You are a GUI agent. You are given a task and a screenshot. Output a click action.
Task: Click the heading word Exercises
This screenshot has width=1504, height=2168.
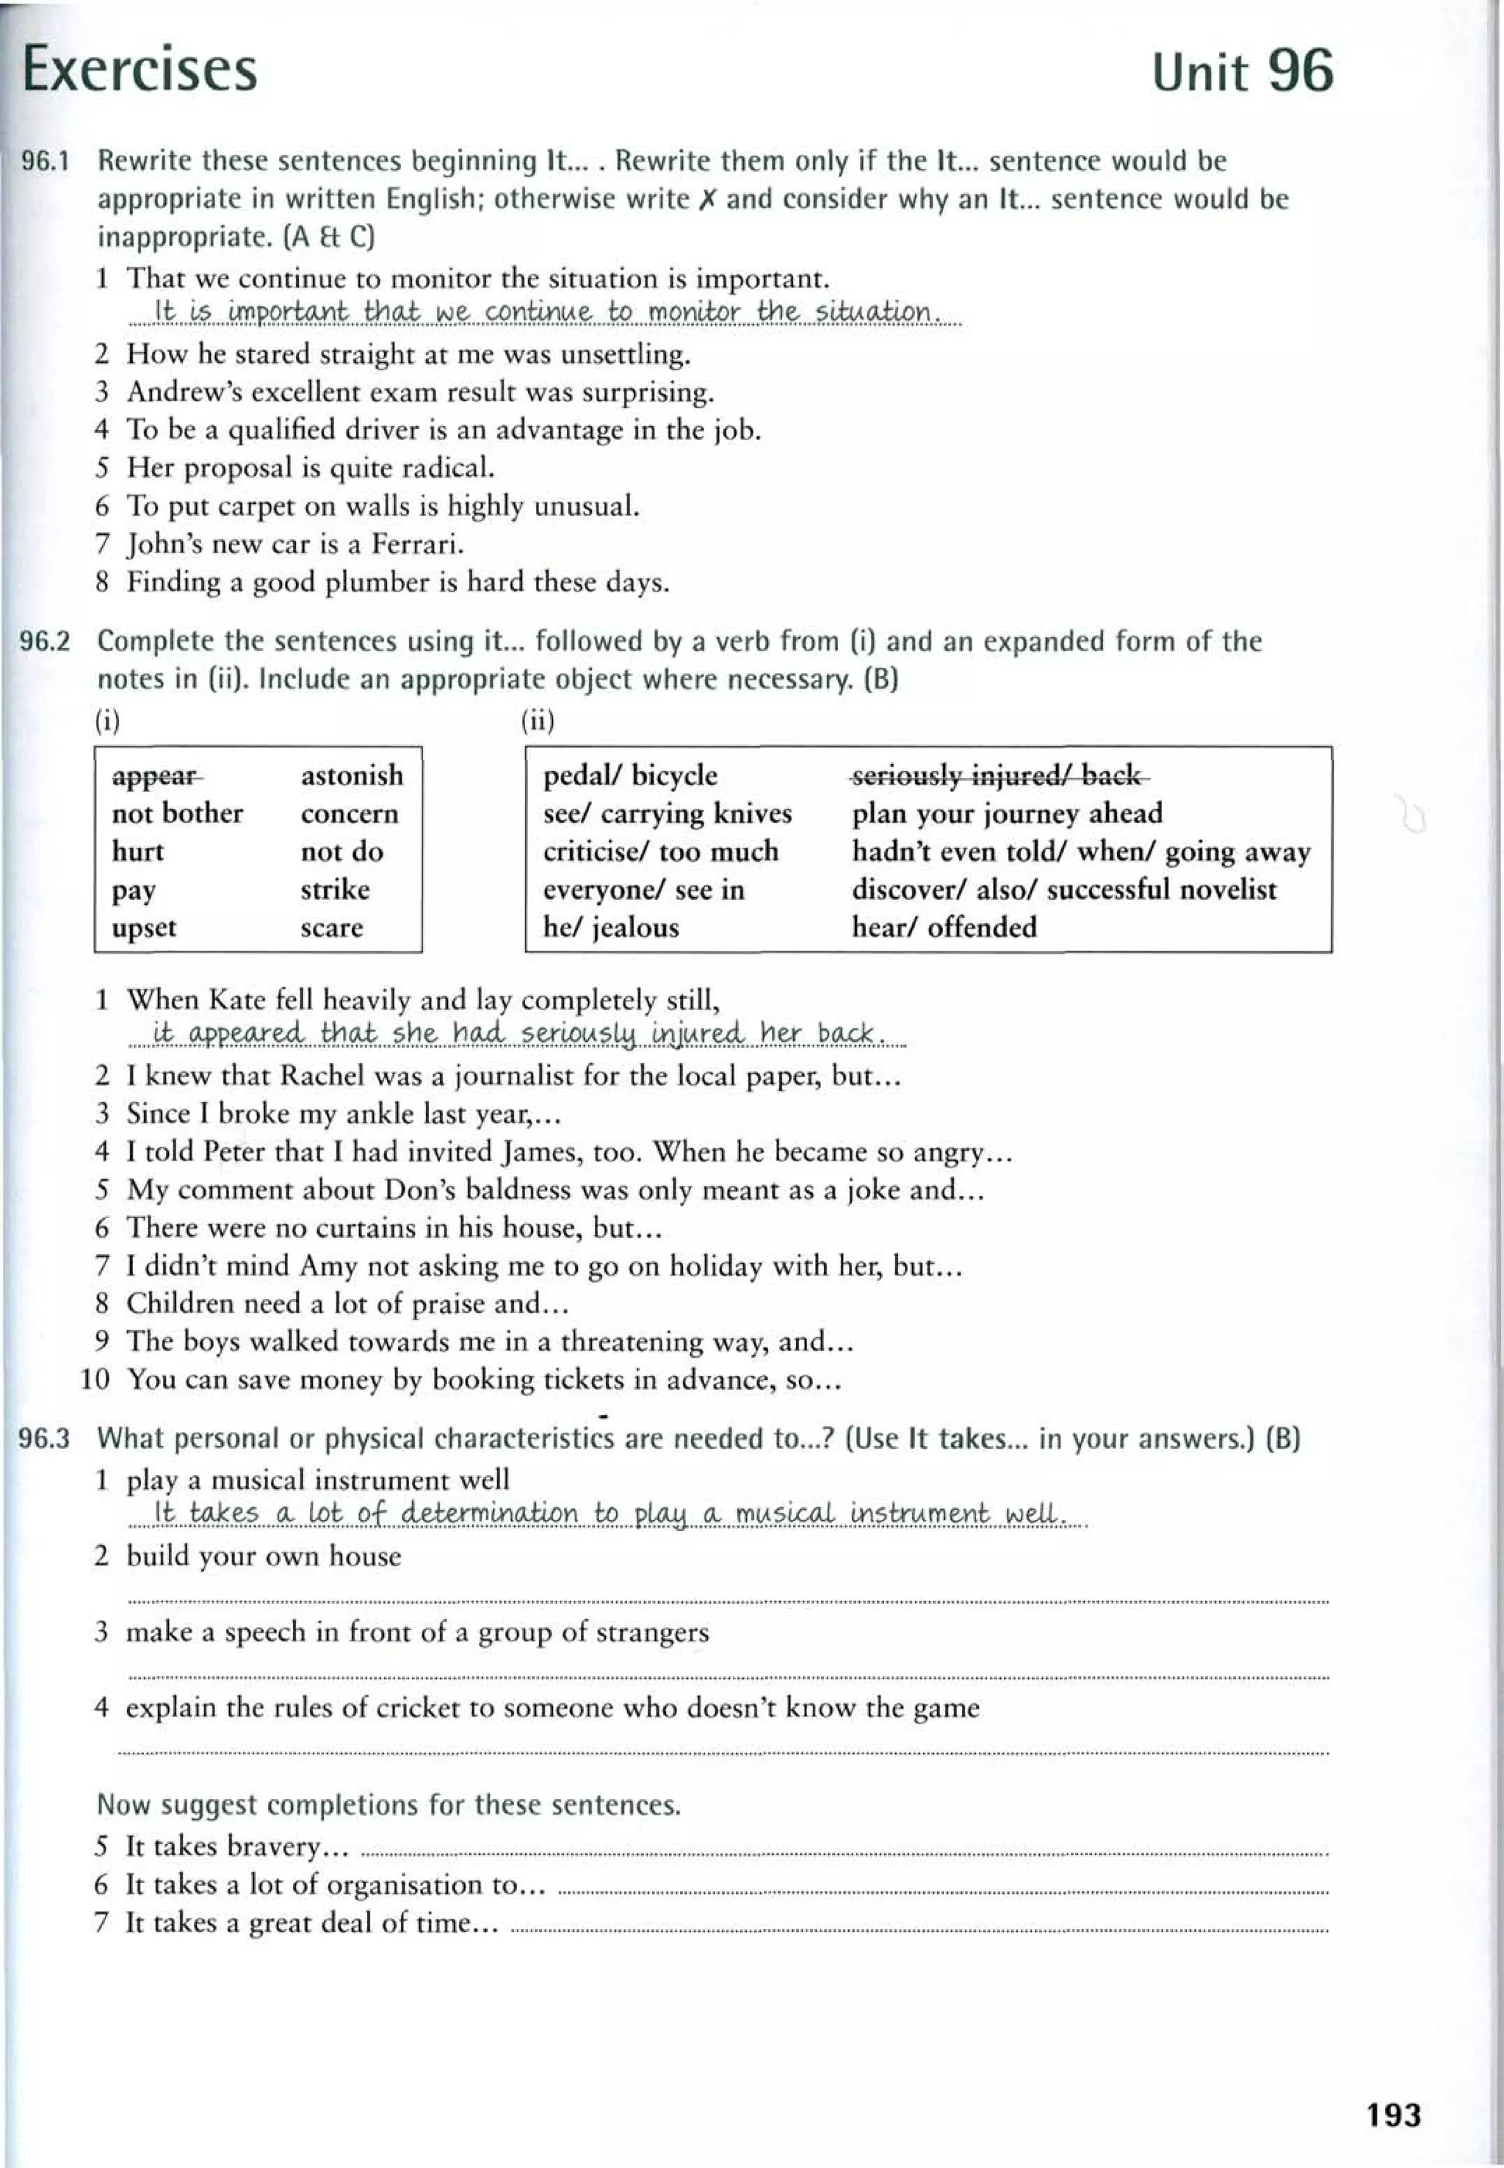[x=140, y=69]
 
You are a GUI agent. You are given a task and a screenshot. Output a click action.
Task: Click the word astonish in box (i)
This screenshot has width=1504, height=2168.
[x=352, y=775]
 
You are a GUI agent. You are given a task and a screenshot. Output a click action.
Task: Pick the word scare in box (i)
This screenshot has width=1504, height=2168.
[x=332, y=928]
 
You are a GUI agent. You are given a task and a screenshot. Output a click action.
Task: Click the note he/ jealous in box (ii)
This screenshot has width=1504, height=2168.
[x=611, y=928]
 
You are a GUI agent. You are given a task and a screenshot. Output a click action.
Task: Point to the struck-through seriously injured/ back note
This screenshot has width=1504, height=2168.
[x=999, y=776]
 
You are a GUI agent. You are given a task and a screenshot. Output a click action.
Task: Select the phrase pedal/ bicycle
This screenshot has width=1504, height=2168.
[x=629, y=775]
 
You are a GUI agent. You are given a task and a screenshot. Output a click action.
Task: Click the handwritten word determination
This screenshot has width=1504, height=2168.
[x=489, y=1513]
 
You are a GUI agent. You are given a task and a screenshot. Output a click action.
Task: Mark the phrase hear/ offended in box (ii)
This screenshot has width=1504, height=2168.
[x=944, y=928]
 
